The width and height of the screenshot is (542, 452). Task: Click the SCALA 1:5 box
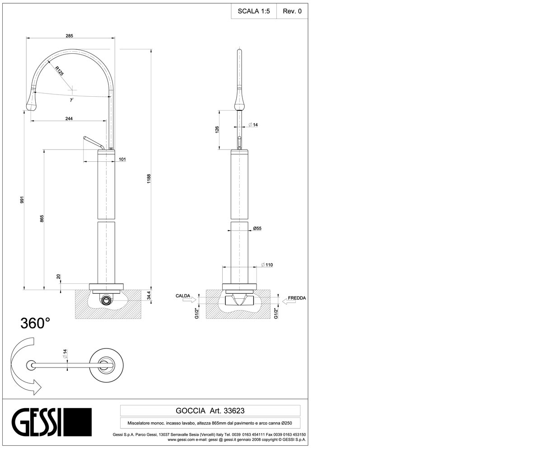pos(254,11)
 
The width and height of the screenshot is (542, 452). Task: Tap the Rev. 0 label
pos(292,11)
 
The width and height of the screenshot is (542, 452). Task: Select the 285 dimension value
pos(69,36)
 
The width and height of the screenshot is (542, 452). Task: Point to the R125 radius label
pos(60,71)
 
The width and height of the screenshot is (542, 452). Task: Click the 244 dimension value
pos(69,118)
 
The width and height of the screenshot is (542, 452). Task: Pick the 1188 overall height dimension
pos(149,179)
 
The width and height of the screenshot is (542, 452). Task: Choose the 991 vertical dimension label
pos(22,199)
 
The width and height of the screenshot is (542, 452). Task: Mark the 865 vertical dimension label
pos(42,218)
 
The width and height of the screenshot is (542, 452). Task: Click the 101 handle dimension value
pos(122,159)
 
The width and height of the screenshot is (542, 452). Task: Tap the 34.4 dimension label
pos(149,295)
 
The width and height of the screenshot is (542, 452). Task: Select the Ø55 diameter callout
pos(257,228)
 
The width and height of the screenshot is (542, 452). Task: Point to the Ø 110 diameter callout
pos(267,265)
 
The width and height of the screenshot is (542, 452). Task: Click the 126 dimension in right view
pos(217,129)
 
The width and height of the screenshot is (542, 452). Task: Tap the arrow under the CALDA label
pos(189,300)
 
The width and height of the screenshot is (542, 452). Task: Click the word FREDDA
pos(297,298)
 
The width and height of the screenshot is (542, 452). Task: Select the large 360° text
pos(35,324)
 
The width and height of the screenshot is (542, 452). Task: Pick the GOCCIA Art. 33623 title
pos(210,411)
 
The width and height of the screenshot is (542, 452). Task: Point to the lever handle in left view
pos(93,143)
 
